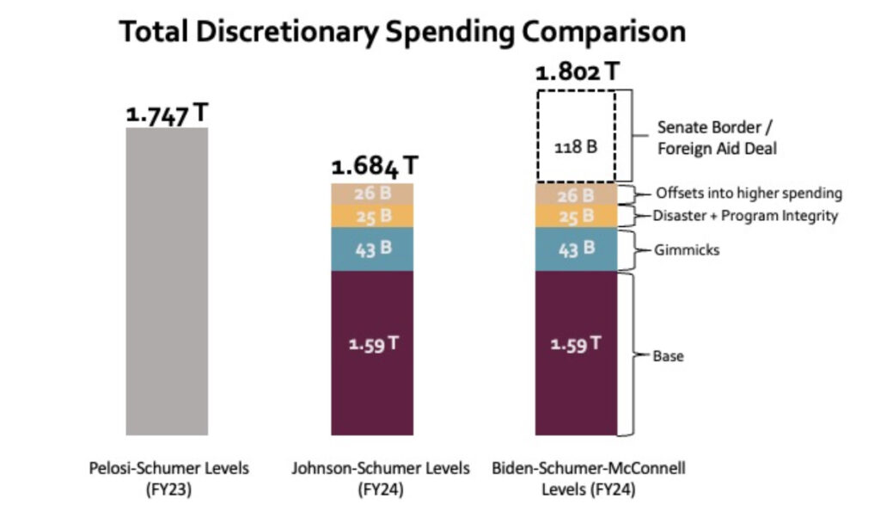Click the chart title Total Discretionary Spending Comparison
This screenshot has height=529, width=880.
pos(402,32)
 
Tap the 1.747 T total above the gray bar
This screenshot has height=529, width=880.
pos(167,114)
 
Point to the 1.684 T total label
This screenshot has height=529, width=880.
pos(376,166)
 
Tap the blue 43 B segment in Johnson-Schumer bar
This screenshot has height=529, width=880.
pos(372,249)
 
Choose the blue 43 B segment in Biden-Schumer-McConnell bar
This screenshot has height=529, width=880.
pos(577,249)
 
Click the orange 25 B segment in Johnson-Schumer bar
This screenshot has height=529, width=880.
pos(372,216)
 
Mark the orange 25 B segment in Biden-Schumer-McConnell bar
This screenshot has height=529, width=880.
pos(577,216)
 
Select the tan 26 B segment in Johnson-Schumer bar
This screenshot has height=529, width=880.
pos(372,194)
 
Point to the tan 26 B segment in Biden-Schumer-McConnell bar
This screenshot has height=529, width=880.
pos(577,194)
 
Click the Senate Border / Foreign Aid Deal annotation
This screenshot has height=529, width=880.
pos(717,137)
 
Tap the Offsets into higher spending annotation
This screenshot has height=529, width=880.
pos(749,194)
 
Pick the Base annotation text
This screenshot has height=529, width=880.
pos(668,355)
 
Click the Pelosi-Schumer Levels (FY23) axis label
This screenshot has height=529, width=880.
pos(168,477)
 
